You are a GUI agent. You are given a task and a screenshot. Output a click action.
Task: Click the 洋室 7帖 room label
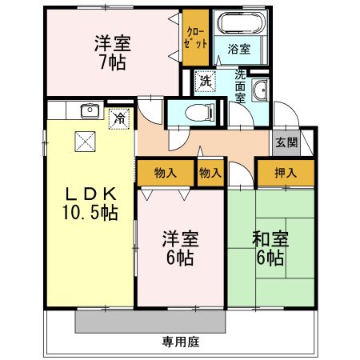[x=112, y=53]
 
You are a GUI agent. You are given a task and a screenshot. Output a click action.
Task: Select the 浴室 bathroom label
[x=238, y=49]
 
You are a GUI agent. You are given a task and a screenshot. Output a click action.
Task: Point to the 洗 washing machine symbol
[x=206, y=82]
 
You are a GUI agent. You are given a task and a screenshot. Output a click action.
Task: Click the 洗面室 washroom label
[x=240, y=87]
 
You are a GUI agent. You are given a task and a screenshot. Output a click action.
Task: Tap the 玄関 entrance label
[x=286, y=142]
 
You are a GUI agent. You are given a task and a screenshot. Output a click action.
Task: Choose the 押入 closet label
[x=285, y=172]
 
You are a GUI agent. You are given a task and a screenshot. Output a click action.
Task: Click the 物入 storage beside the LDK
[x=165, y=172]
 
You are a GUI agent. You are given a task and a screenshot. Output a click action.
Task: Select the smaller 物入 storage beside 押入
[x=210, y=172]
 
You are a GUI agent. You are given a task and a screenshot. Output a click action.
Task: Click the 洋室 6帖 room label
[x=180, y=247]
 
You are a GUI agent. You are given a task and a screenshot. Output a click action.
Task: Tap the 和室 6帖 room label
[x=270, y=247]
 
